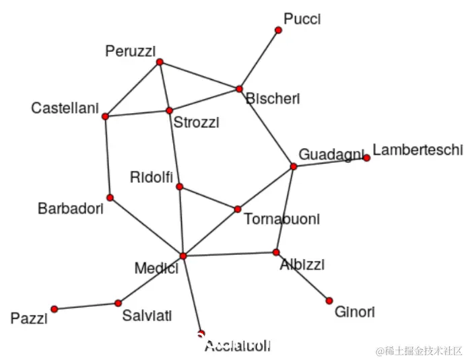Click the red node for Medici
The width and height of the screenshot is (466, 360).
click(x=182, y=256)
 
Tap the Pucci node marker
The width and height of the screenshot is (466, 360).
click(x=278, y=30)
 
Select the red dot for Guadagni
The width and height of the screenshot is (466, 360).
click(x=294, y=166)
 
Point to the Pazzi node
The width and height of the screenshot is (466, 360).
click(x=54, y=309)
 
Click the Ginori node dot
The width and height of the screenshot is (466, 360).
click(x=329, y=300)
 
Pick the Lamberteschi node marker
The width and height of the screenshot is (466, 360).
click(x=366, y=158)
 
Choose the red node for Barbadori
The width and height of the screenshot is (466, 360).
click(x=110, y=198)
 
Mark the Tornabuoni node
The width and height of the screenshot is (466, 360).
click(x=238, y=209)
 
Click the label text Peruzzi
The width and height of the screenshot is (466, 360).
click(x=131, y=51)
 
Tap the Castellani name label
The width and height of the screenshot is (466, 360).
click(x=65, y=108)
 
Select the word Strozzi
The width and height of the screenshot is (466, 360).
click(x=196, y=122)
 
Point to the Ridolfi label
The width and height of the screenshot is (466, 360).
click(x=152, y=178)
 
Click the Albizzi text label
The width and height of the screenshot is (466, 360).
click(x=302, y=264)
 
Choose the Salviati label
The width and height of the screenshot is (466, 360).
click(x=147, y=315)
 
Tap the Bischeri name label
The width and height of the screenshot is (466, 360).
click(x=273, y=99)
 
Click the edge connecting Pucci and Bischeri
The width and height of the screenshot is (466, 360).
click(x=259, y=59)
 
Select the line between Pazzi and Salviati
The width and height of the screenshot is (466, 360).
click(x=86, y=305)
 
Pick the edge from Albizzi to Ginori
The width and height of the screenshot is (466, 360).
click(x=303, y=277)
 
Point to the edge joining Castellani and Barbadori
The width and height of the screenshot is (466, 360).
click(x=107, y=157)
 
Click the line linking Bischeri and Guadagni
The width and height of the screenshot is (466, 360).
click(x=267, y=128)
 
